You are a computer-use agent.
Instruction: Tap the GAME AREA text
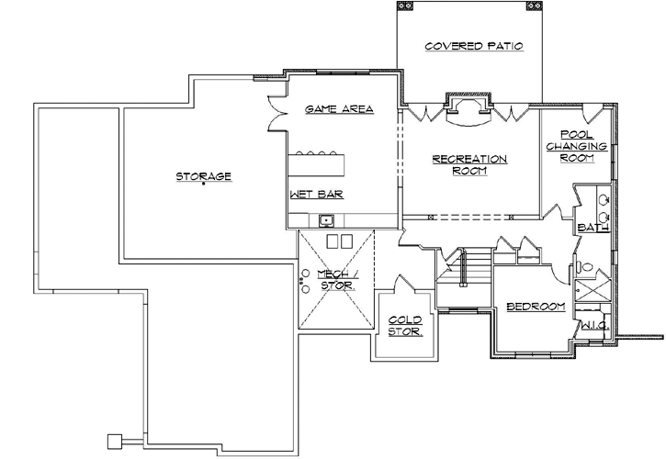[339, 109]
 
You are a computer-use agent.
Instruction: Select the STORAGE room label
[203, 175]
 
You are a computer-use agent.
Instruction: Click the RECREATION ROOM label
[469, 164]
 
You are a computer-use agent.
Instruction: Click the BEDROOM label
[535, 306]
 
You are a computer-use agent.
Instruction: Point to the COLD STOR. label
[403, 326]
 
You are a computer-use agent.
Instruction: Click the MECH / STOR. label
[335, 280]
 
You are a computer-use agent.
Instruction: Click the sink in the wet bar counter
[326, 220]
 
